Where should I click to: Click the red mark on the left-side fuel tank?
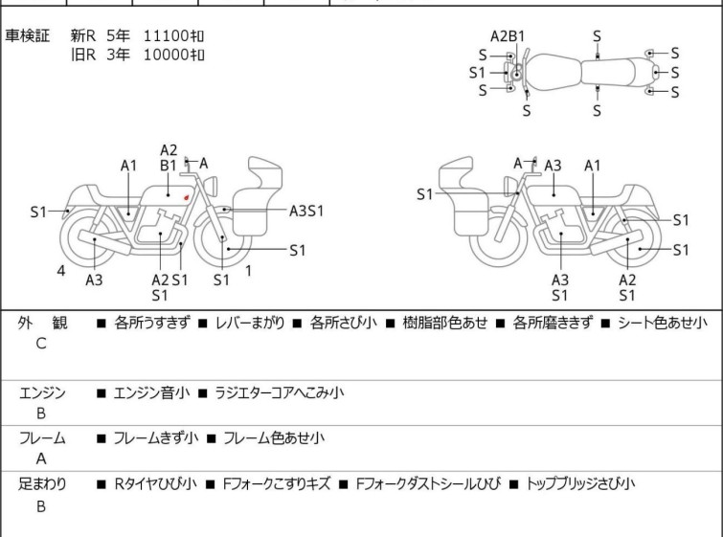(187, 197)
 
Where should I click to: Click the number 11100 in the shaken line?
(167, 35)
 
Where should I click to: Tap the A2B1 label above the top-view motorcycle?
(508, 35)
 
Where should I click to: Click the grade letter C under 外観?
(41, 343)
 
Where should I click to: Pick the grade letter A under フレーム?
(41, 459)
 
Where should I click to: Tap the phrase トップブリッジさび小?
(579, 484)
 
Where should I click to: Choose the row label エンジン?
(42, 392)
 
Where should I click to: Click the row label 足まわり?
(42, 484)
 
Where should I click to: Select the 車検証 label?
(28, 35)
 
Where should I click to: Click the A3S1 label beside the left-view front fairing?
(306, 211)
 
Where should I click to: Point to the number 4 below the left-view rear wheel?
(61, 271)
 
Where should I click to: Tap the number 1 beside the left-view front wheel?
(248, 270)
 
